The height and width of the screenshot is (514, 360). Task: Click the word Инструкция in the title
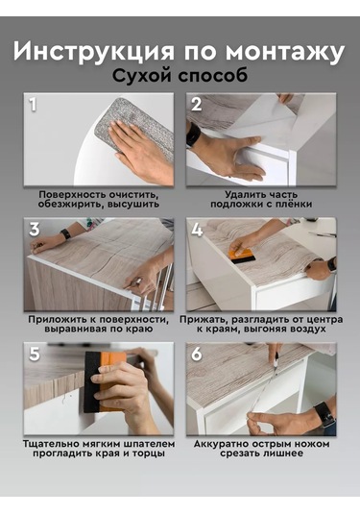(x=94, y=52)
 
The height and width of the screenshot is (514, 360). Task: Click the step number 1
(x=33, y=105)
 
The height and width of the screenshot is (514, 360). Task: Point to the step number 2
(x=196, y=105)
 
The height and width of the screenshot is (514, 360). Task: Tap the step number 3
(x=35, y=229)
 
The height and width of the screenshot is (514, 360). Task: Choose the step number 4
(x=197, y=229)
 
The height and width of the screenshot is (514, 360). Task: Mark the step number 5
(x=35, y=354)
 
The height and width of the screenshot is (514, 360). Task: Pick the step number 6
(x=197, y=354)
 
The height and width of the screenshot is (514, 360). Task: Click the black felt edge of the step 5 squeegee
(x=91, y=382)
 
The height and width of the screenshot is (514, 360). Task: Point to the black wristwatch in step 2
(x=193, y=135)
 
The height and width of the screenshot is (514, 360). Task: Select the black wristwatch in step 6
(x=324, y=414)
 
